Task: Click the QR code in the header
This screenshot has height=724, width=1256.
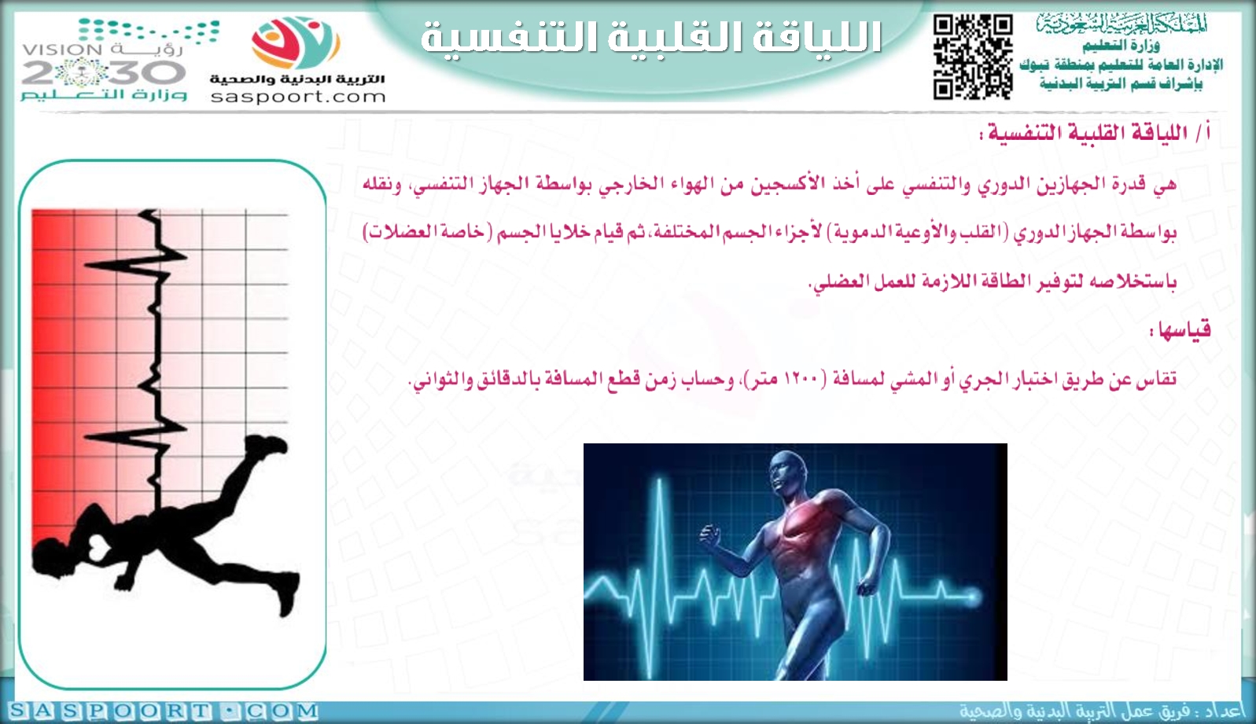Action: pos(973,57)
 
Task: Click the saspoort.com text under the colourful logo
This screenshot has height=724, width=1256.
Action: pos(298,97)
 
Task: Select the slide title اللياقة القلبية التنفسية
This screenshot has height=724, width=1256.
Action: pos(651,38)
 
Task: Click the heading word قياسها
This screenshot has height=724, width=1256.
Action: pos(1180,329)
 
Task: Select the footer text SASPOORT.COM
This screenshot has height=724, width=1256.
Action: pos(163,711)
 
